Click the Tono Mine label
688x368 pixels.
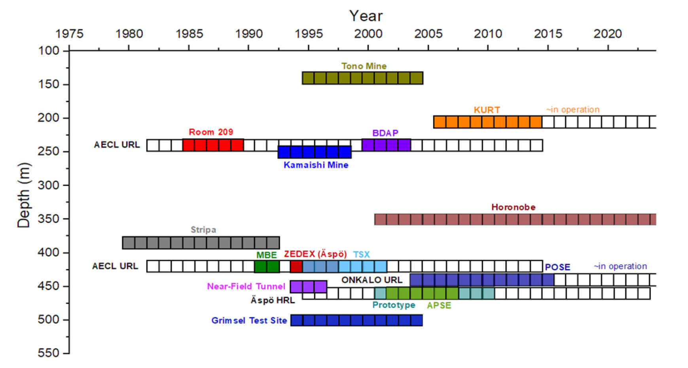click(x=364, y=66)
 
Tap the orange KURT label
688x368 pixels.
click(x=487, y=110)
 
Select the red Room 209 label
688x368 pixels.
click(x=211, y=132)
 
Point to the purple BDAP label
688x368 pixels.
click(x=385, y=133)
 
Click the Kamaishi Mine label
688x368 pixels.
click(x=316, y=165)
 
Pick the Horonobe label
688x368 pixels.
click(x=513, y=207)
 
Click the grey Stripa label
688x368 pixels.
click(x=203, y=230)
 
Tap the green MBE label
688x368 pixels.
click(x=266, y=255)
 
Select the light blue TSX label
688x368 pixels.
click(x=361, y=254)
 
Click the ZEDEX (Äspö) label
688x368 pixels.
click(x=315, y=254)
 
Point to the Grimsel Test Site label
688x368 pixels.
click(x=249, y=321)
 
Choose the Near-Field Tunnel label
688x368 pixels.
click(x=246, y=286)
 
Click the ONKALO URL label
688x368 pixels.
click(x=371, y=280)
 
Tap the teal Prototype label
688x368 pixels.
click(x=394, y=305)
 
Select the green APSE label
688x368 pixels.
click(x=439, y=305)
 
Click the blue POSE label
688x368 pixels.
click(x=557, y=267)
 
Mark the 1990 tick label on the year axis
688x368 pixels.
click(x=249, y=34)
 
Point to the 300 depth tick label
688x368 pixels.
click(x=48, y=185)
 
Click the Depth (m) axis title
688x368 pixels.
click(x=24, y=195)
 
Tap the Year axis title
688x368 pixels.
click(x=366, y=16)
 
